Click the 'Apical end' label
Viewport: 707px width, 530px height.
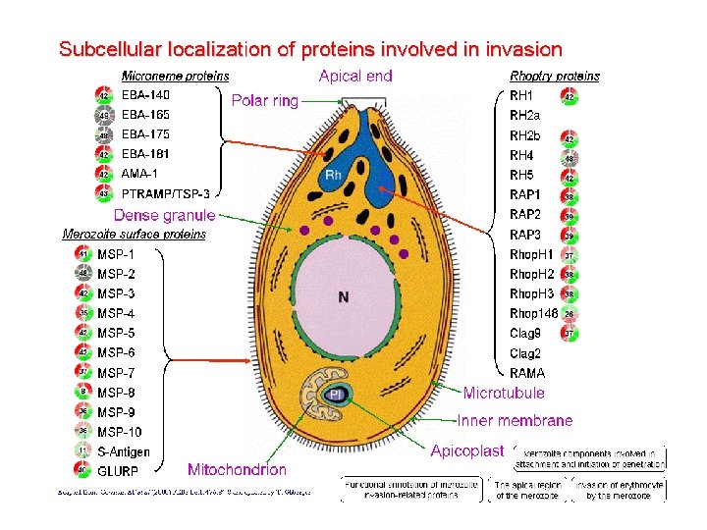click(355, 76)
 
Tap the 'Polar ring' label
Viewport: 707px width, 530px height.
click(264, 100)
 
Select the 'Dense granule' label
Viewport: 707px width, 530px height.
click(164, 215)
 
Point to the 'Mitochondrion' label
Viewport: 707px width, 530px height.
click(237, 470)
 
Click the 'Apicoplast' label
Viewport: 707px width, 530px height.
click(466, 450)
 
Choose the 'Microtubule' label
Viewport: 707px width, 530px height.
click(504, 393)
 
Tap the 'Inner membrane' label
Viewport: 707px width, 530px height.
click(515, 420)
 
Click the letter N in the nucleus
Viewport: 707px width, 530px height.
click(343, 297)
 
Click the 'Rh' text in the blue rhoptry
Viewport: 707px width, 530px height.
click(333, 176)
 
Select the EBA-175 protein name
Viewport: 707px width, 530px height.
click(145, 133)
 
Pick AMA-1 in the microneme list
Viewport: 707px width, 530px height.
click(138, 174)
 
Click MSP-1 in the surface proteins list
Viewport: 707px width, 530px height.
click(116, 254)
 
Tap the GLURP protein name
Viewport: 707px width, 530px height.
click(118, 471)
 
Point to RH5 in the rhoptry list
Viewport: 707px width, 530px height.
click(521, 176)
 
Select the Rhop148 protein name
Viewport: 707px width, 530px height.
click(533, 314)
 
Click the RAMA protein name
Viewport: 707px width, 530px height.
click(527, 373)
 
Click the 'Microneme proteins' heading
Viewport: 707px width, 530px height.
click(175, 76)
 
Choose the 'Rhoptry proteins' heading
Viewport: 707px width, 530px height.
click(555, 76)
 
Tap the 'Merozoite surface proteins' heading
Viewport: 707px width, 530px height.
click(134, 234)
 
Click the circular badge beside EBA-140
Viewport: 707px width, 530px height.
click(103, 95)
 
